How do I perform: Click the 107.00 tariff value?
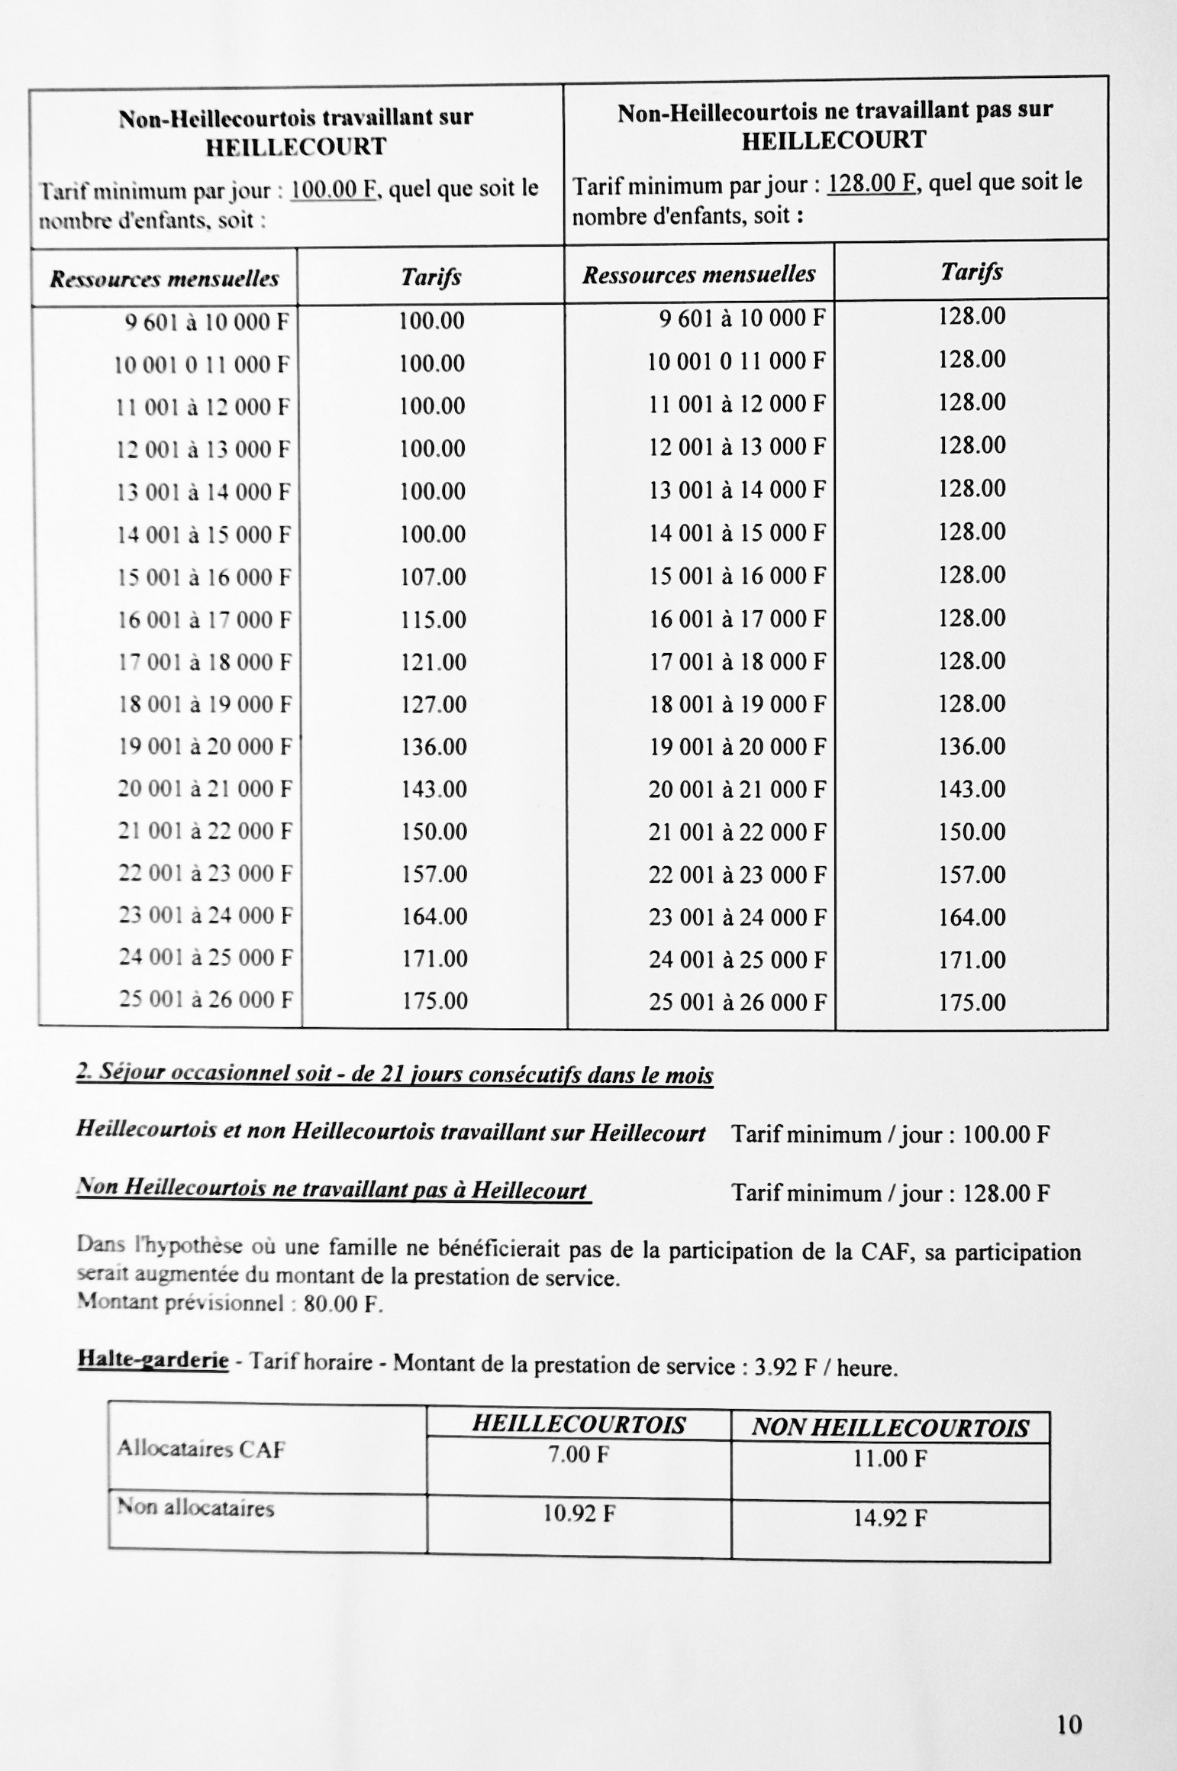point(434,577)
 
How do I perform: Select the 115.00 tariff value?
point(434,619)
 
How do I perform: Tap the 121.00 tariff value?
point(434,662)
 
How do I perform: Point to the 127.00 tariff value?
point(434,704)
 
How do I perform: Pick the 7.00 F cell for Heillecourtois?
point(579,1455)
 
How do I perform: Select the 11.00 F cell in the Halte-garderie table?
point(890,1459)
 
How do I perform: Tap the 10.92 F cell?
point(579,1514)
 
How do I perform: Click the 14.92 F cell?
point(890,1517)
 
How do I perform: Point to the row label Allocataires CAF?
point(201,1449)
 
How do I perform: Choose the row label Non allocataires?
point(195,1508)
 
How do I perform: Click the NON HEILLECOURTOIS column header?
point(890,1427)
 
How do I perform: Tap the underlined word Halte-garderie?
point(153,1360)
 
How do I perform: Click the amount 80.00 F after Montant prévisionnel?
point(342,1304)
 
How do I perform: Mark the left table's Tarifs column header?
point(430,276)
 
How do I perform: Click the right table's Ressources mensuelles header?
point(698,275)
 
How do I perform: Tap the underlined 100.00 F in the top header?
point(334,189)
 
